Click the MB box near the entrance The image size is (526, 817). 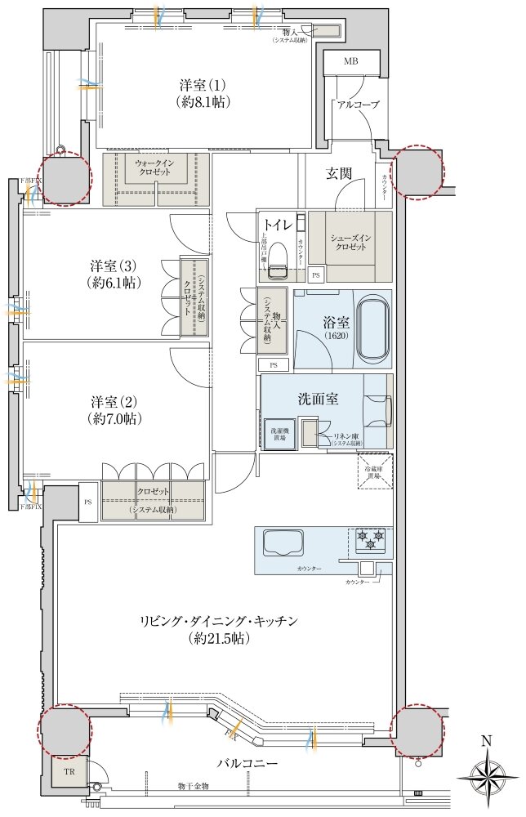[x=350, y=62]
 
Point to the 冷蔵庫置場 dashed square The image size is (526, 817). [x=375, y=471]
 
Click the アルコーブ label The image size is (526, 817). [x=356, y=105]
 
